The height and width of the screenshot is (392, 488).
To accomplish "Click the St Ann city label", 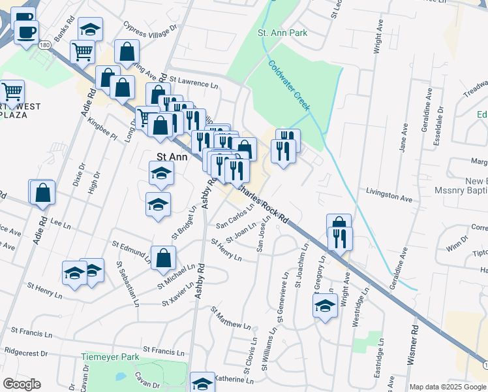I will [x=172, y=157].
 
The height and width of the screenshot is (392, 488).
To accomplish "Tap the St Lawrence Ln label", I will [x=194, y=84].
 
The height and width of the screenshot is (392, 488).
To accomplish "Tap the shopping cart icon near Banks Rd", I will [x=83, y=51].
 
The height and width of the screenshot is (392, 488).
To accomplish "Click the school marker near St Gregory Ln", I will [x=325, y=305].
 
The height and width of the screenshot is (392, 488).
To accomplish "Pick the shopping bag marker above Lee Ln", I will [x=43, y=192].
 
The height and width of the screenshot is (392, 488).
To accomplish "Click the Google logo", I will [x=22, y=384].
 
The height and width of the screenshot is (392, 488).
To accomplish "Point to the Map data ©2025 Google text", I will [x=448, y=387].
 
